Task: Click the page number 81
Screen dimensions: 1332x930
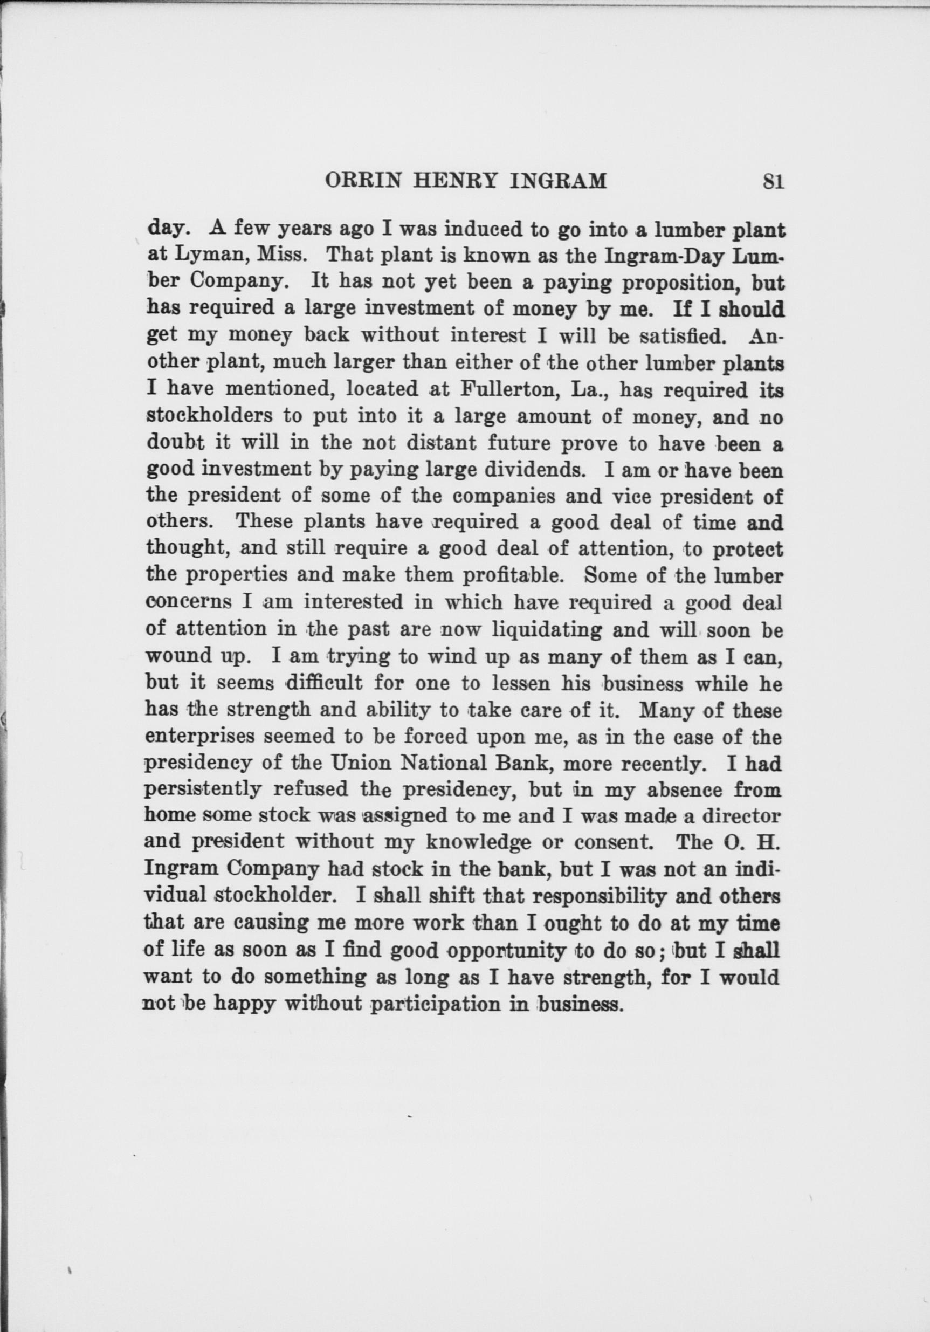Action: pyautogui.click(x=774, y=182)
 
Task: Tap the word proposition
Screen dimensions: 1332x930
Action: pyautogui.click(x=657, y=283)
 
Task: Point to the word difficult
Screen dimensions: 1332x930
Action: pyautogui.click(x=323, y=683)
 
